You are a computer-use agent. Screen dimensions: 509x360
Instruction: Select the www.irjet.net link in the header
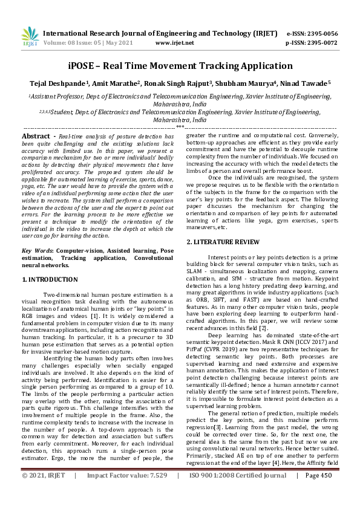point(174,44)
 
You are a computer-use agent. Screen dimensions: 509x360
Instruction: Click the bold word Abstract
point(36,137)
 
